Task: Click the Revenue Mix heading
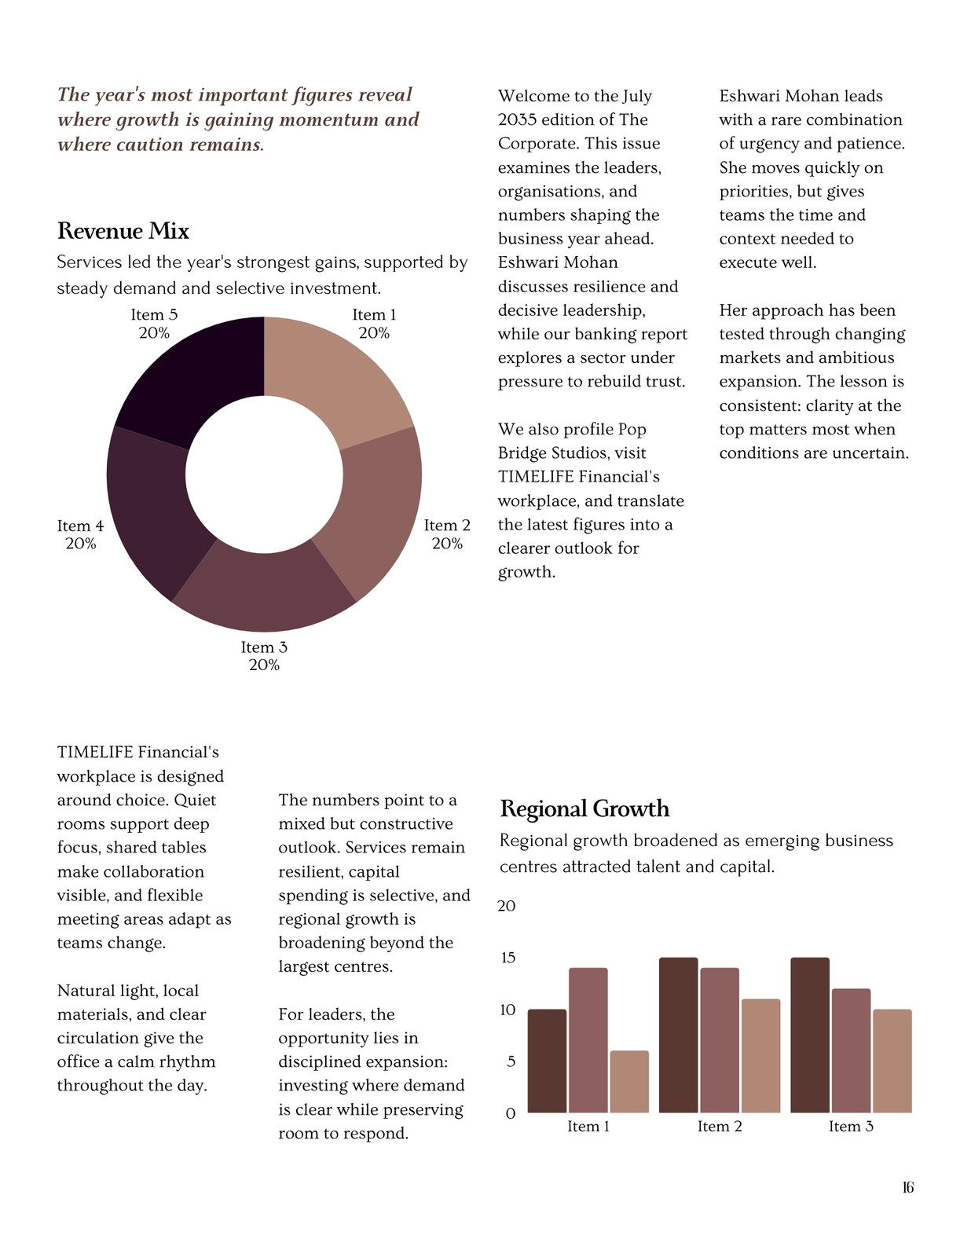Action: (x=123, y=231)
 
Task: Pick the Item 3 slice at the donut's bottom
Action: (x=264, y=590)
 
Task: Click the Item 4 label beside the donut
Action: (x=80, y=526)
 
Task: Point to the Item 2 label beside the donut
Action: (x=447, y=526)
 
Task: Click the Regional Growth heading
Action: (x=584, y=808)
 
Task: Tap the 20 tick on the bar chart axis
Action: (x=506, y=906)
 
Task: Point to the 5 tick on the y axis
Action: (x=511, y=1061)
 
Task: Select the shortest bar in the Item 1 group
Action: (x=629, y=1082)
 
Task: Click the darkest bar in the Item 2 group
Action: (x=679, y=1035)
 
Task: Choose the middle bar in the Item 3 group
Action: (x=851, y=1050)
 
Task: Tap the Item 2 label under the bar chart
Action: (x=720, y=1127)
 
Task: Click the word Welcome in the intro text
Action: (x=527, y=96)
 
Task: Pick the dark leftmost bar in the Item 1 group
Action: (x=547, y=1061)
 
